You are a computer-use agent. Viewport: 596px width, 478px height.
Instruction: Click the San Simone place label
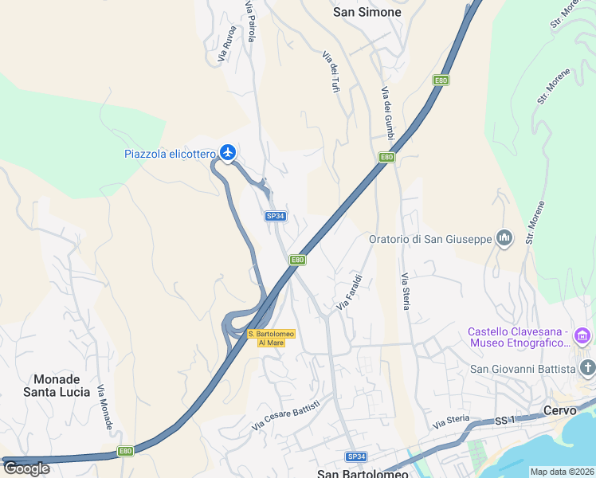367,12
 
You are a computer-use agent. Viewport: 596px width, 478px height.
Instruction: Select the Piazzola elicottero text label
170,154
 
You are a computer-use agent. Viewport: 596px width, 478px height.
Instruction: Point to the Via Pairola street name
252,22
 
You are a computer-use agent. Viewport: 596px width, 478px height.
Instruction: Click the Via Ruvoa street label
227,45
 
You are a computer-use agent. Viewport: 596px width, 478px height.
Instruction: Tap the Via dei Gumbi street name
388,115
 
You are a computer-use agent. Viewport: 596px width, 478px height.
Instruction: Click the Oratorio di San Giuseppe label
430,239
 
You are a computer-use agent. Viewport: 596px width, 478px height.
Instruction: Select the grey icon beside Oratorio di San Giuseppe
504,238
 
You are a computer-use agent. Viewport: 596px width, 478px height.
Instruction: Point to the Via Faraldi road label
350,292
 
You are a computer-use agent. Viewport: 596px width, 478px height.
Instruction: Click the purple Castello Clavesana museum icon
582,336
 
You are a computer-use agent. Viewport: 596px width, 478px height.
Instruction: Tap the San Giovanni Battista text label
522,368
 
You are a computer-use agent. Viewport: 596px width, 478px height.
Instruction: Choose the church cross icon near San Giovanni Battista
588,367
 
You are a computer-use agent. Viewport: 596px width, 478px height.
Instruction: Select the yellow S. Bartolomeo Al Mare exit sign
271,338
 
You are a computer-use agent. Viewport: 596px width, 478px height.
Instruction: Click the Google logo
26,468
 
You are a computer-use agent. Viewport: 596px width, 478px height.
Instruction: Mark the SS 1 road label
505,421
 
